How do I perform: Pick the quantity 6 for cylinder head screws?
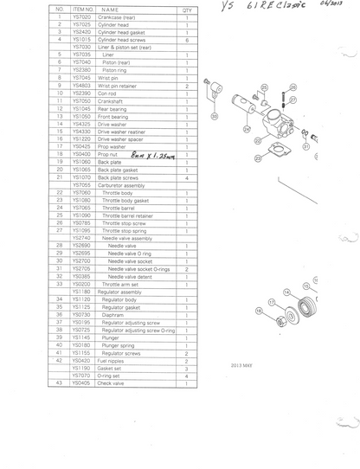click(187, 40)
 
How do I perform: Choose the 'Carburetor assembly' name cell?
click(126, 184)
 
